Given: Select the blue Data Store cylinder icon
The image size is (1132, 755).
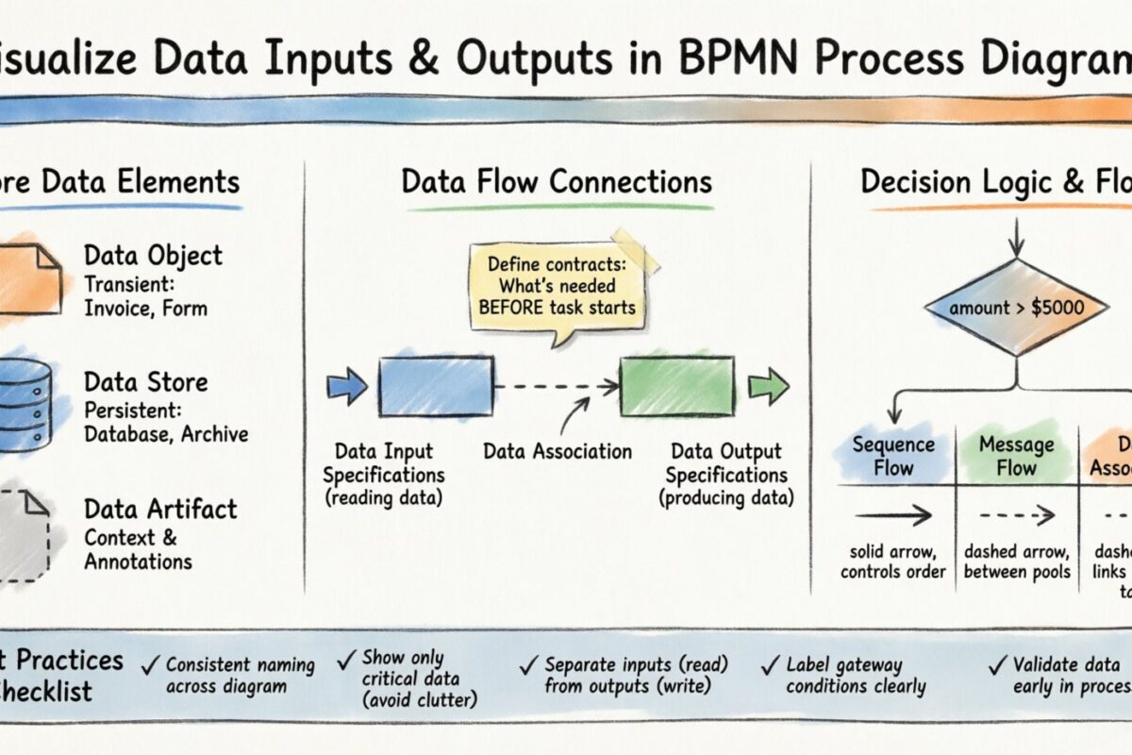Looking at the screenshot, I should tap(28, 404).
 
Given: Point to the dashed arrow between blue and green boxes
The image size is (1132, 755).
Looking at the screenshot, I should tap(557, 386).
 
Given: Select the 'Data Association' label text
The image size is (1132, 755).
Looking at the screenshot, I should tap(558, 451).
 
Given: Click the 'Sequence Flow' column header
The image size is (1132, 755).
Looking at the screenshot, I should tap(892, 456).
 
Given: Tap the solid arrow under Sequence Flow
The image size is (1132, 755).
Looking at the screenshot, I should tap(892, 515).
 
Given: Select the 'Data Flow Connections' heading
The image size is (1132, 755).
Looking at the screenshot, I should tap(557, 181).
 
